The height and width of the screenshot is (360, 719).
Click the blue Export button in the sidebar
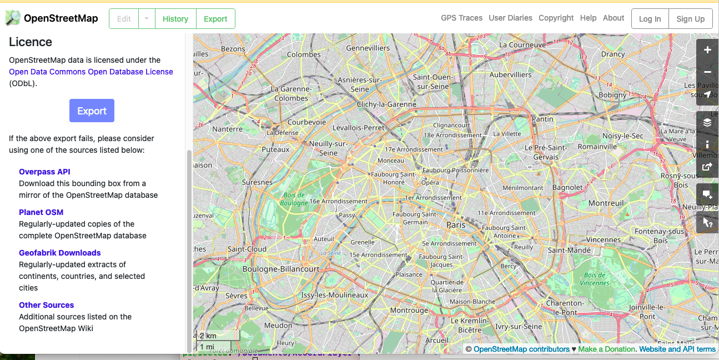tap(92, 111)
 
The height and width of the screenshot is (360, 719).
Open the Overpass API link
tap(44, 172)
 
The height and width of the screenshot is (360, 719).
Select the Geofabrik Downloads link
tap(60, 253)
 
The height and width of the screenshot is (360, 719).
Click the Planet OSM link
tap(41, 212)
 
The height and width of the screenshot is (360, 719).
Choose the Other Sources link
tap(46, 305)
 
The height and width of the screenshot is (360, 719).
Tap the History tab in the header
tap(175, 19)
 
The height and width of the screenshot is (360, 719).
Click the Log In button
tap(650, 19)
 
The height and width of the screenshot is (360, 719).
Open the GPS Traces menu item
tap(461, 18)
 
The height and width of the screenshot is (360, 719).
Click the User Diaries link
tap(510, 18)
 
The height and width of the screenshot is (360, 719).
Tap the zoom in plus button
tap(707, 50)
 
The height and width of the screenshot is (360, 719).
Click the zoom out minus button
tap(707, 72)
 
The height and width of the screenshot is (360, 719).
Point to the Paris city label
tap(456, 225)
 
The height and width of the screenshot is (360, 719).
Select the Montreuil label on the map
tap(606, 203)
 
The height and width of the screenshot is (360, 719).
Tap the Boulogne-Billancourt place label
tap(281, 269)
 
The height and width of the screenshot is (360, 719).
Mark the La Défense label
tap(283, 133)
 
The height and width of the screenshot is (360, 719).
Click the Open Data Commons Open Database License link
tap(91, 72)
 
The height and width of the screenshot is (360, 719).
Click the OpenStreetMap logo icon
tap(13, 18)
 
